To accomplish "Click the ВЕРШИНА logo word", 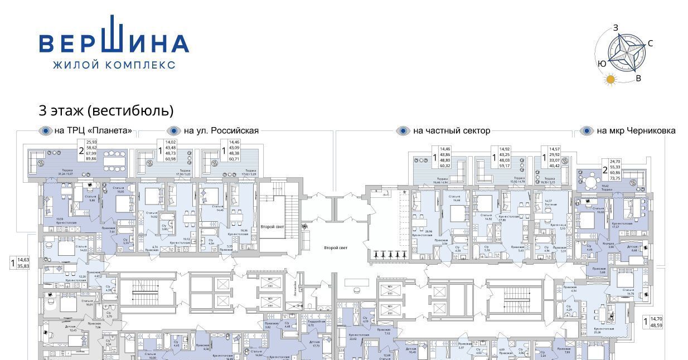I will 114,43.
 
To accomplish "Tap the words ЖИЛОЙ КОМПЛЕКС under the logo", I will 114,65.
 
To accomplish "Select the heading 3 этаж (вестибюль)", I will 106,110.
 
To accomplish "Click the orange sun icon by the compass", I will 611,79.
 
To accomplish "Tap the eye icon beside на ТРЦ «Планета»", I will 45,131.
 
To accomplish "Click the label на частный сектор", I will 452,131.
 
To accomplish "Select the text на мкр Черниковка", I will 636,131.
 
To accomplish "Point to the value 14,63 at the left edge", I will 23,260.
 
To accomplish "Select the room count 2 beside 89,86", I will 81,150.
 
